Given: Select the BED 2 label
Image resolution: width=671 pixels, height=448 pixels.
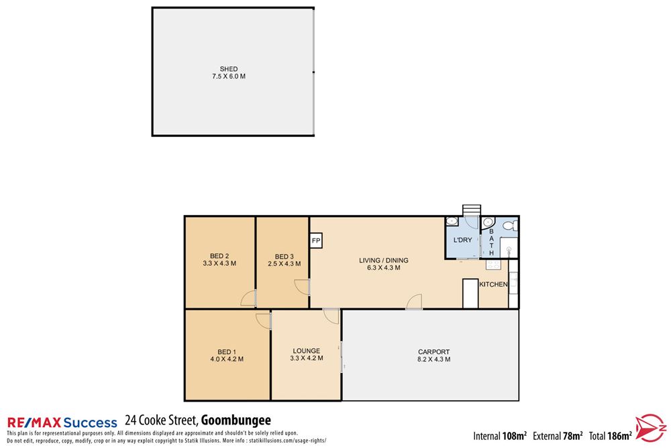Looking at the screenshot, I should pyautogui.click(x=219, y=255).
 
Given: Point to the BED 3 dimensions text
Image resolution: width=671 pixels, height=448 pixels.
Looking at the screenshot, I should pyautogui.click(x=285, y=264).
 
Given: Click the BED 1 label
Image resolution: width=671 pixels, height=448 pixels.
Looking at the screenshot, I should pyautogui.click(x=226, y=352).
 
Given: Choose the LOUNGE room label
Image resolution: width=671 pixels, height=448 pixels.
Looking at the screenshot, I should pyautogui.click(x=306, y=351).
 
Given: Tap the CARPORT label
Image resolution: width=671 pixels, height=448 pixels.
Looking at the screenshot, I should pyautogui.click(x=433, y=352).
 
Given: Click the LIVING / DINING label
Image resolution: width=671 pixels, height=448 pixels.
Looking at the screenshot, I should pyautogui.click(x=383, y=261).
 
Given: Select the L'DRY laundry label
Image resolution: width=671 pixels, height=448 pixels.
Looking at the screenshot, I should pyautogui.click(x=463, y=240).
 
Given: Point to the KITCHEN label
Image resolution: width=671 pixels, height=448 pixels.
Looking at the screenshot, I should pyautogui.click(x=493, y=285).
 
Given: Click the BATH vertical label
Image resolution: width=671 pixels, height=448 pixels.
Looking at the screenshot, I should pyautogui.click(x=491, y=242).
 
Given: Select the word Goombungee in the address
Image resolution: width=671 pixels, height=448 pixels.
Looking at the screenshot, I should pyautogui.click(x=236, y=421).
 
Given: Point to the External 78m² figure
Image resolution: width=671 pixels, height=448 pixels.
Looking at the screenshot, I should pyautogui.click(x=558, y=435).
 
